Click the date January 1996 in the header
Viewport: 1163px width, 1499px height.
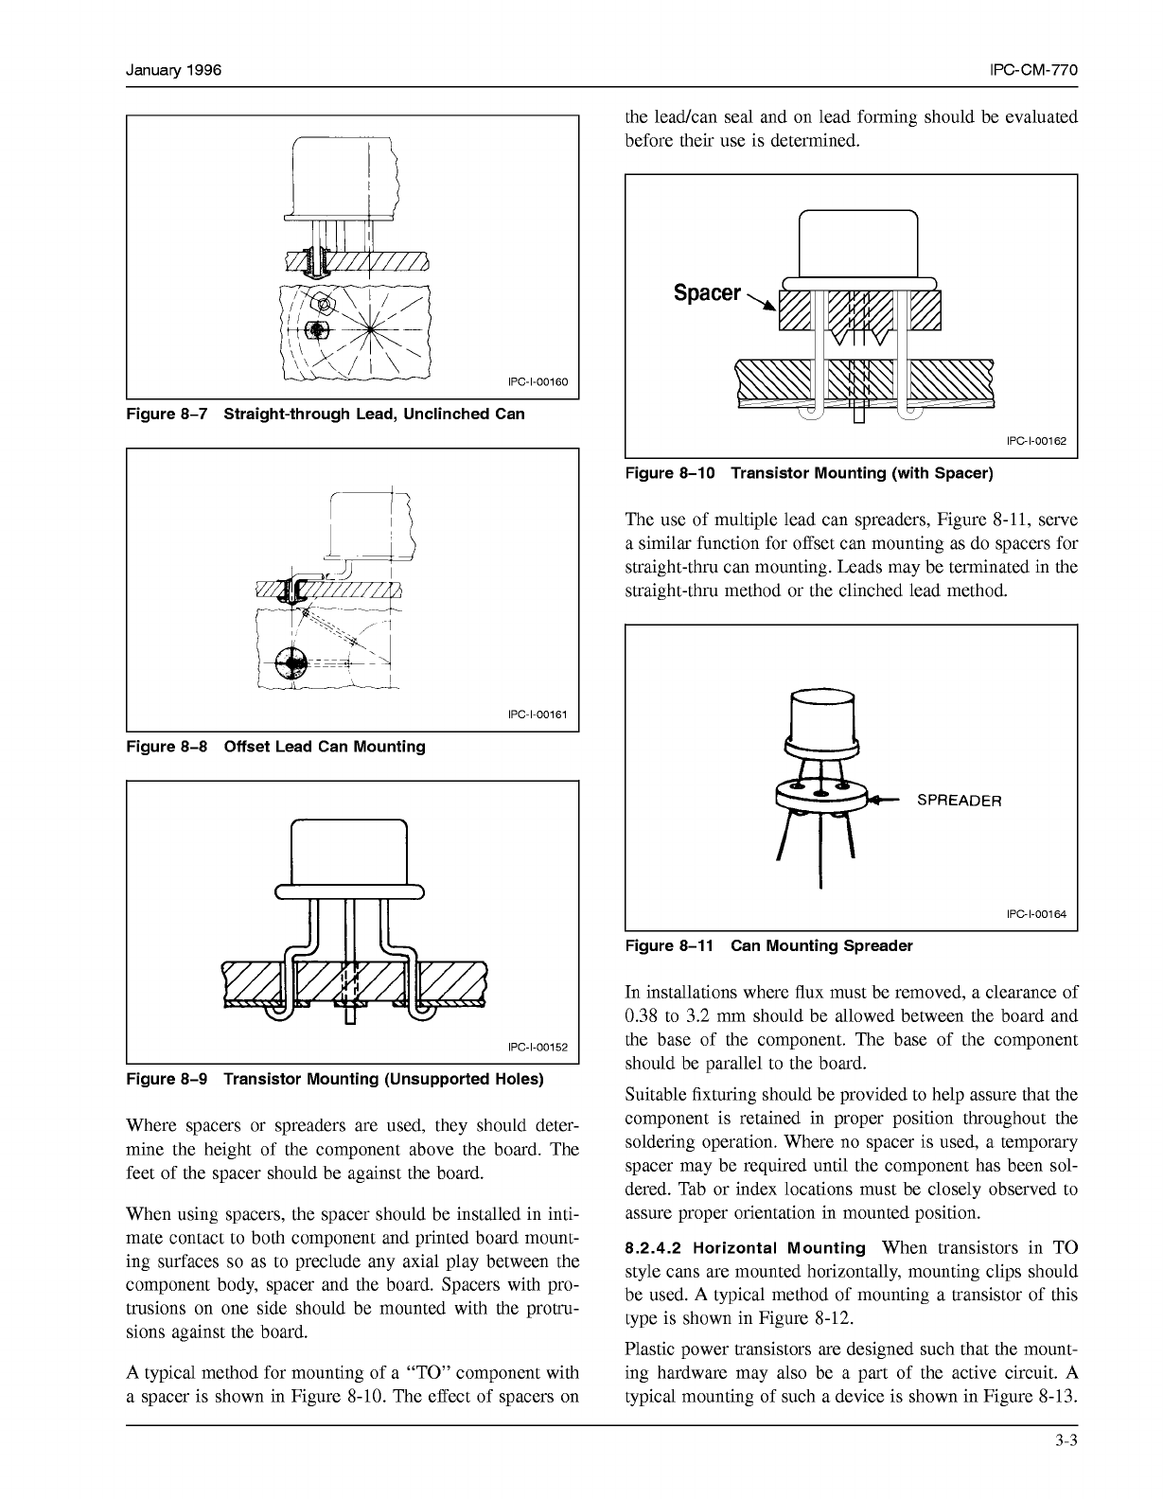174,71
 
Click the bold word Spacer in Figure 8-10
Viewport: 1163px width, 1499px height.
707,293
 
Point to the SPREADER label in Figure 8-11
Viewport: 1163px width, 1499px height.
959,801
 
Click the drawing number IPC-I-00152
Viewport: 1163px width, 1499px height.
537,1048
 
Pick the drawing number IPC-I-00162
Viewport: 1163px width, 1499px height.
1036,441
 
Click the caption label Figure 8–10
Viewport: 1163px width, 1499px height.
671,472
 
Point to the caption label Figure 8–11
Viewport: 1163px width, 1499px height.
671,946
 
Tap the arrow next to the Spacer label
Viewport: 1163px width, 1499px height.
762,303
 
